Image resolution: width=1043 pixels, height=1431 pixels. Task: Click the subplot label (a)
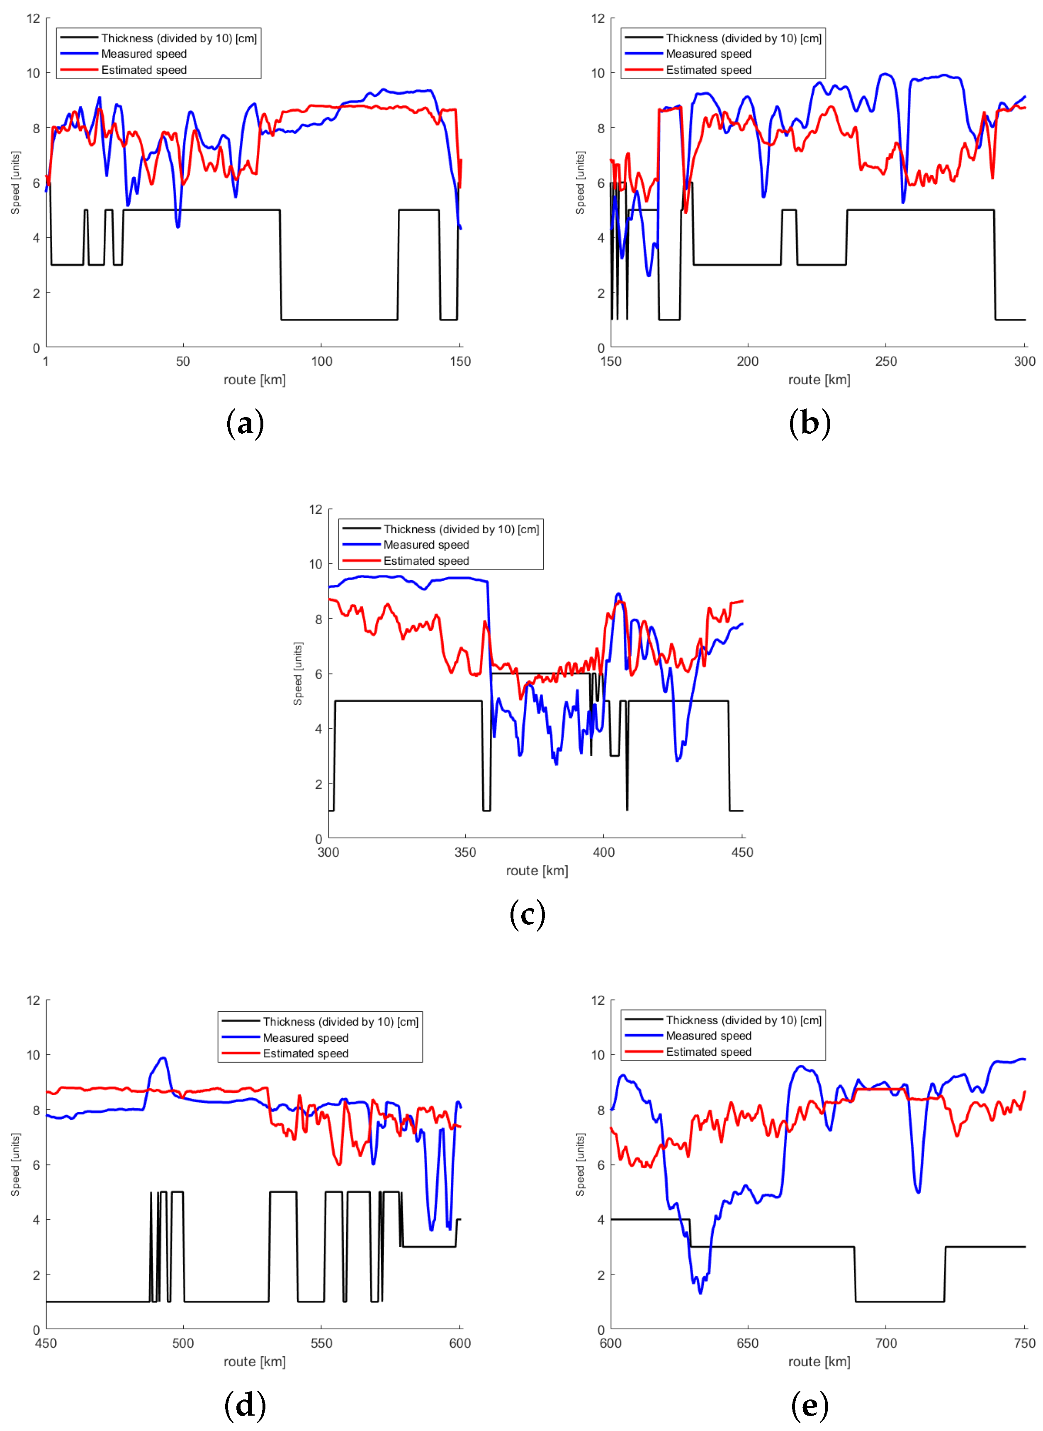click(x=245, y=424)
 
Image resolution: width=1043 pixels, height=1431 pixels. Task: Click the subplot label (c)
click(x=527, y=914)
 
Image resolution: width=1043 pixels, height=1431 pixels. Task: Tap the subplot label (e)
click(x=810, y=1405)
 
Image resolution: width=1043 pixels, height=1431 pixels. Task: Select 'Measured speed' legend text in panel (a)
click(x=144, y=54)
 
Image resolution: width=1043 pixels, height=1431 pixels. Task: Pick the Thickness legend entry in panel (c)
click(x=461, y=529)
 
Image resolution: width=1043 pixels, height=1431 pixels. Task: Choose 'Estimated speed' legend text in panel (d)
click(x=306, y=1053)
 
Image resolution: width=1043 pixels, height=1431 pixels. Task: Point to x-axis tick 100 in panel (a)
click(x=321, y=361)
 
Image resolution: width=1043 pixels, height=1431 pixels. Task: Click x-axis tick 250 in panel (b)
click(x=886, y=361)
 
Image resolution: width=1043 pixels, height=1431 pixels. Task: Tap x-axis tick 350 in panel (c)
click(x=465, y=852)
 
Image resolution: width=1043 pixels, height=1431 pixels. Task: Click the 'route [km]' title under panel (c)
click(x=537, y=871)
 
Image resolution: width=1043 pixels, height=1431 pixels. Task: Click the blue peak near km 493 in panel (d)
click(x=163, y=1057)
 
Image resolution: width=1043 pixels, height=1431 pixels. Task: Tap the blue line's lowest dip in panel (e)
click(x=700, y=1293)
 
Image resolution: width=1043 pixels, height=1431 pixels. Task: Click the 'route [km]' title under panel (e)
click(x=819, y=1362)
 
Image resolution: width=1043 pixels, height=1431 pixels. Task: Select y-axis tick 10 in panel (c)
click(x=316, y=564)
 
